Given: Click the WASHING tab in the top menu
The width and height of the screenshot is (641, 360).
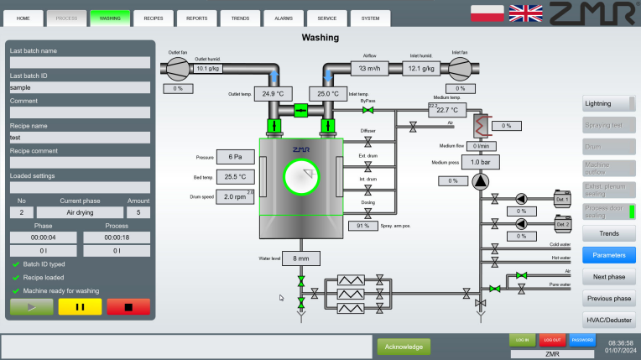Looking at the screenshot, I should [x=110, y=17].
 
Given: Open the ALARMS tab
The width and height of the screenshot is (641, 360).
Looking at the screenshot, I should [x=283, y=17].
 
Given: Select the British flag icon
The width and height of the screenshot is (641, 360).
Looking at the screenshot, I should [x=526, y=13].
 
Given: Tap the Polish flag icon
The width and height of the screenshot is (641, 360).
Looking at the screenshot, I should [x=487, y=13].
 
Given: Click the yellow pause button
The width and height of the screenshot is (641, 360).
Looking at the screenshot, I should [x=80, y=307].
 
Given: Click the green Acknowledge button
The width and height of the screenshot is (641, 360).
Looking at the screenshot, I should [x=403, y=346].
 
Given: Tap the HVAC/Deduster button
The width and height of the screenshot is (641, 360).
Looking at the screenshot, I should [x=608, y=320].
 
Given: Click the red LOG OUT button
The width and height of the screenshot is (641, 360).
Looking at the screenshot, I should [x=551, y=340].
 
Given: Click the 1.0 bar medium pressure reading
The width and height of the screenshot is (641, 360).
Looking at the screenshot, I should [x=480, y=162].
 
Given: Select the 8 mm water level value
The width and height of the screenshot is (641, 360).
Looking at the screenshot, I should [x=301, y=258].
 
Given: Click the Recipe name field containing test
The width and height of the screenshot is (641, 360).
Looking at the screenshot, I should [x=80, y=138].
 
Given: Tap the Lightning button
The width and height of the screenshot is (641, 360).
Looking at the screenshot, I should [x=605, y=104].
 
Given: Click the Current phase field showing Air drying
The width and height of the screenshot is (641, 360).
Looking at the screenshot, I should [x=80, y=213].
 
